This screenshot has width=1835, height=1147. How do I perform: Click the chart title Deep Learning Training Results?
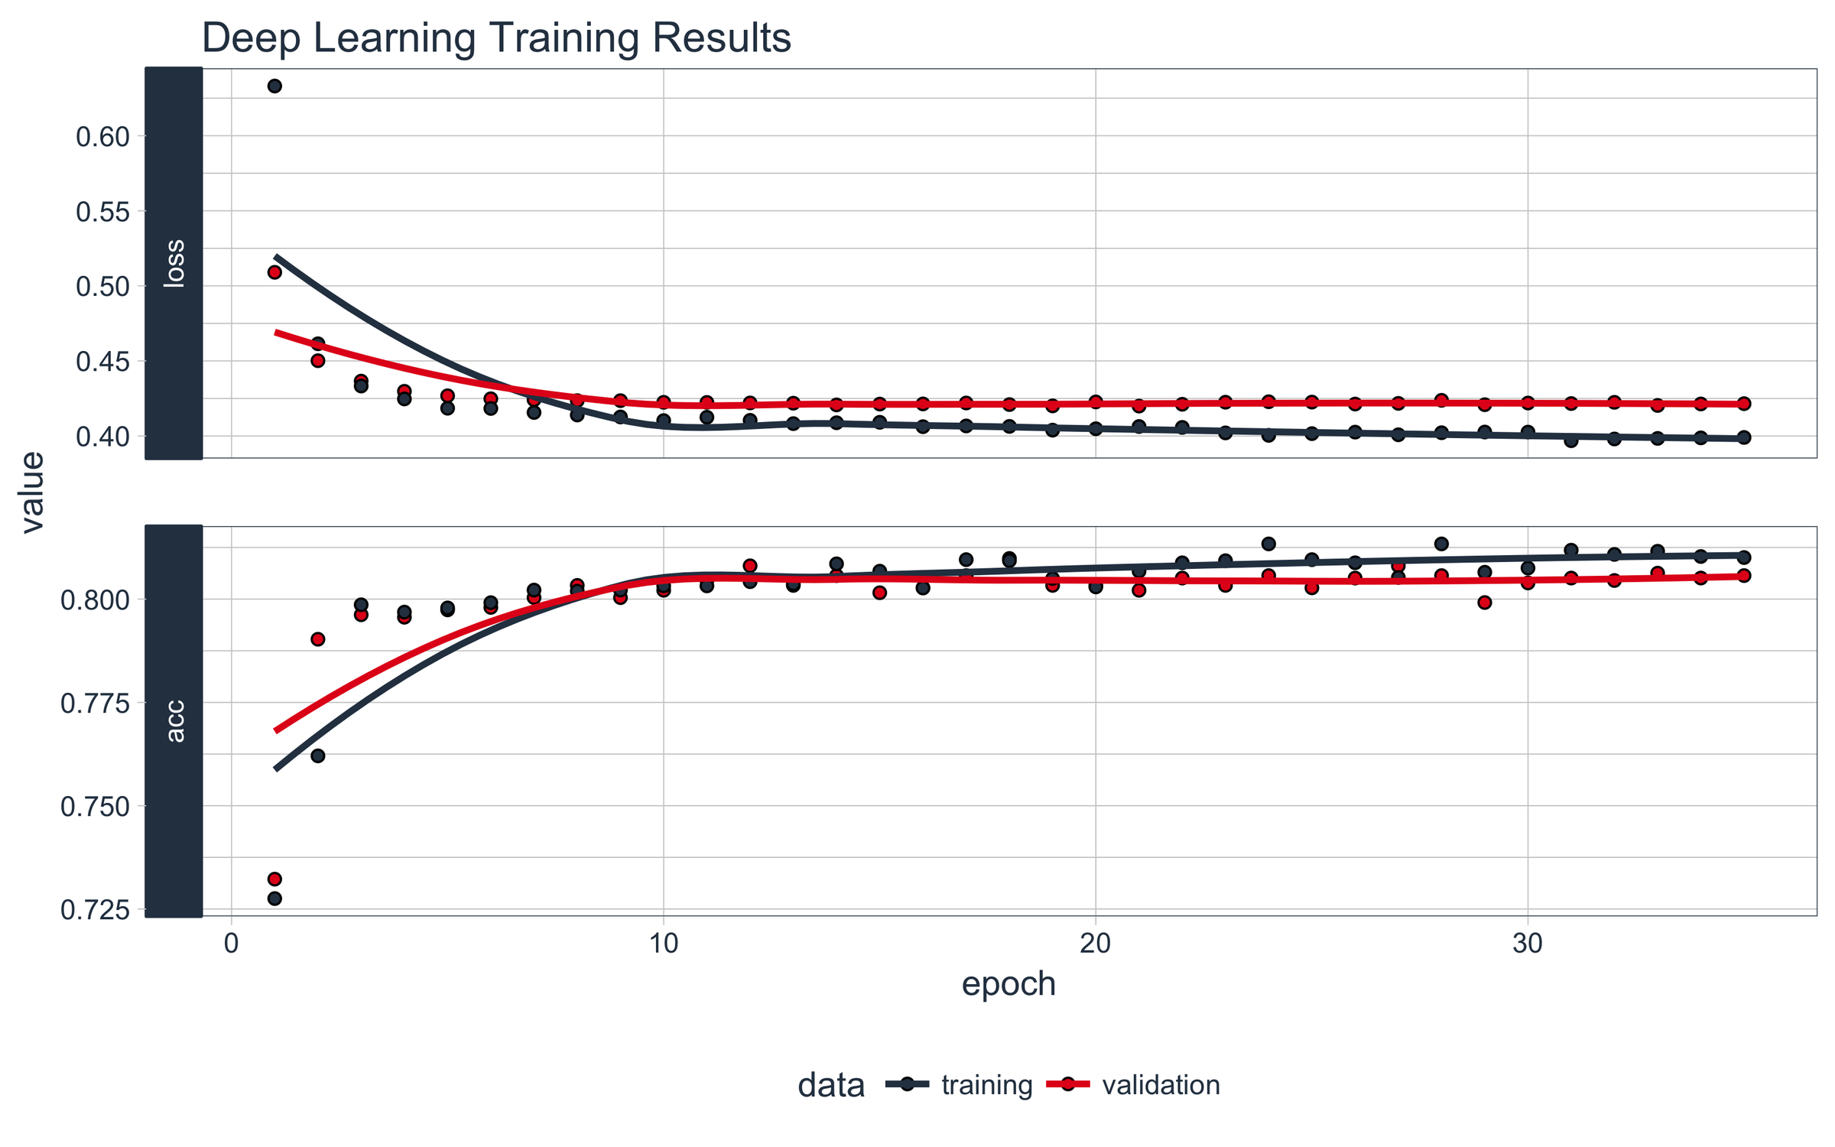pos(495,38)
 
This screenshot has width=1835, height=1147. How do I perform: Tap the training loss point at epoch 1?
pos(274,86)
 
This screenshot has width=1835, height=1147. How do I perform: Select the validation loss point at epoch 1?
pos(274,272)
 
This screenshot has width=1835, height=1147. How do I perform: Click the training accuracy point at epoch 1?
pos(274,898)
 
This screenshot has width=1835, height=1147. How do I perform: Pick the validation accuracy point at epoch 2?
pos(318,639)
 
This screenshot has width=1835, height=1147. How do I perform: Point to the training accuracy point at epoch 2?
pos(318,755)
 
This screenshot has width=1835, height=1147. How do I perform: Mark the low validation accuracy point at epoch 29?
pos(1485,603)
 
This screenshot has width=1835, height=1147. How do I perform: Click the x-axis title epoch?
pos(1008,984)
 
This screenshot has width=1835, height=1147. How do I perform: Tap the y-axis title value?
pos(32,492)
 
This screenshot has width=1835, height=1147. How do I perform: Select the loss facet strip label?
pos(174,263)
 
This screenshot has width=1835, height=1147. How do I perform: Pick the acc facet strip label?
pos(174,720)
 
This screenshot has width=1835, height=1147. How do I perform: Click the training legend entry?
pos(986,1085)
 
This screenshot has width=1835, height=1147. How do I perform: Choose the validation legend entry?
pos(1161,1085)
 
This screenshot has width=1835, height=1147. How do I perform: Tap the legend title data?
pos(831,1085)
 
